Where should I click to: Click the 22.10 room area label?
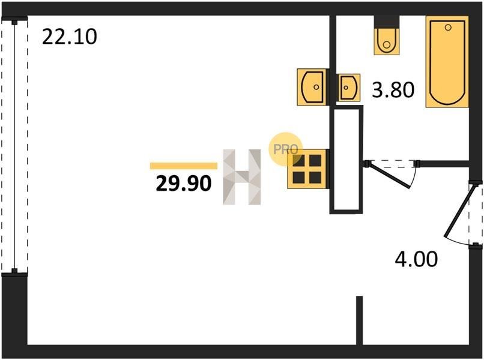(x=70, y=37)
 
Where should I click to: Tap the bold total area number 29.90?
(x=184, y=183)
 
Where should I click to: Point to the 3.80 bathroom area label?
(x=393, y=90)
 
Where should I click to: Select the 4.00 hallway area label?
(x=416, y=259)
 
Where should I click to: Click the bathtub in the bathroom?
(x=447, y=62)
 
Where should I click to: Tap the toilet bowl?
(x=387, y=41)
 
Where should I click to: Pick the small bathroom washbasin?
(x=349, y=88)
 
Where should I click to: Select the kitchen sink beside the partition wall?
(x=312, y=87)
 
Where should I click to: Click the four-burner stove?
(x=307, y=169)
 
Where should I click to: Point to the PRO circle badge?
(x=285, y=149)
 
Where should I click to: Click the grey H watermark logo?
(x=242, y=177)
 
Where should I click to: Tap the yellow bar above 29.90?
(x=184, y=166)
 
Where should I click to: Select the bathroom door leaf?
(x=389, y=175)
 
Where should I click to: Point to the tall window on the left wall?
(x=14, y=146)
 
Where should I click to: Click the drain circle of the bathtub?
(x=448, y=28)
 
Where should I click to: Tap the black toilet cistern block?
(x=387, y=22)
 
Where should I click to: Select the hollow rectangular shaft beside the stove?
(x=346, y=160)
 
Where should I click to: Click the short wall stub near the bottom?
(x=359, y=320)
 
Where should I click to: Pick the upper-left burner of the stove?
(x=298, y=161)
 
